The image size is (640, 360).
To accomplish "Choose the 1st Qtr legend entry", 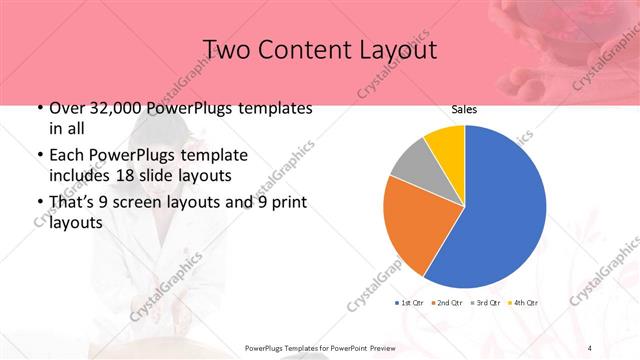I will coord(410,302).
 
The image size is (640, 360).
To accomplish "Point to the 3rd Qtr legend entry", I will coord(487,302).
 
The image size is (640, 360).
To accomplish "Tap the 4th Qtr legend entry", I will coord(524,302).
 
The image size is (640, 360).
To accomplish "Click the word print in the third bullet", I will coord(286,203).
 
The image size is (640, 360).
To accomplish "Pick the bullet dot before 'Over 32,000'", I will coord(39,109).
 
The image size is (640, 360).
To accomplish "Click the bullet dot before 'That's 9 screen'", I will coord(39,204).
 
